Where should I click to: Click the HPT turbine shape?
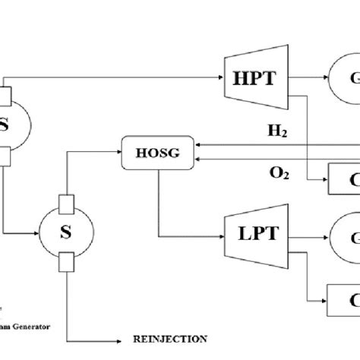251,77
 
